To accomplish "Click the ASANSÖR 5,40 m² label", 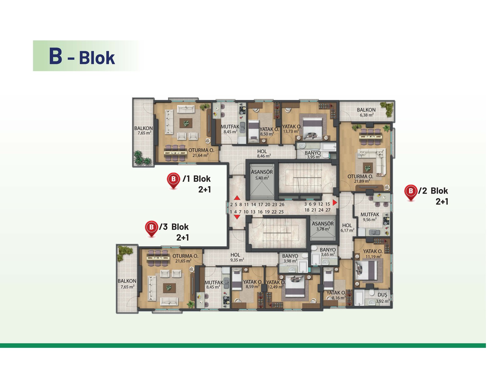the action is point(262,175).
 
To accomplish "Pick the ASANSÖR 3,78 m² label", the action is point(323,226).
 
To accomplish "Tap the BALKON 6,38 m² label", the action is point(366,112).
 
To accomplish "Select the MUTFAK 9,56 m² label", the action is point(370,217).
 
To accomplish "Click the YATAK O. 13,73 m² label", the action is point(292,129).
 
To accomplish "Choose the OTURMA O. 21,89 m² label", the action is point(360,179).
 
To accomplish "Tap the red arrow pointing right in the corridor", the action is point(335,202).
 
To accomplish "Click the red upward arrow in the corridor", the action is point(237,198).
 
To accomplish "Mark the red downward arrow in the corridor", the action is point(237,217).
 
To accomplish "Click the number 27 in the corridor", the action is point(328,210).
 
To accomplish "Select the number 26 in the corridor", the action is point(281,205).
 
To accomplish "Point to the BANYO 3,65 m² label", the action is point(328,252).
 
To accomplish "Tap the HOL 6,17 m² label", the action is point(347,228).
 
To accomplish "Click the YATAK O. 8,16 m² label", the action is point(336,295).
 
